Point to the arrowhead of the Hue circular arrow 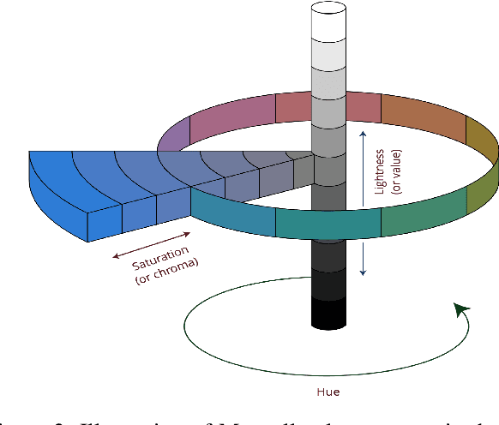pyautogui.click(x=462, y=308)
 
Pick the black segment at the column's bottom pyautogui.click(x=328, y=313)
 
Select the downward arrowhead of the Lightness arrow pyautogui.click(x=364, y=272)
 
